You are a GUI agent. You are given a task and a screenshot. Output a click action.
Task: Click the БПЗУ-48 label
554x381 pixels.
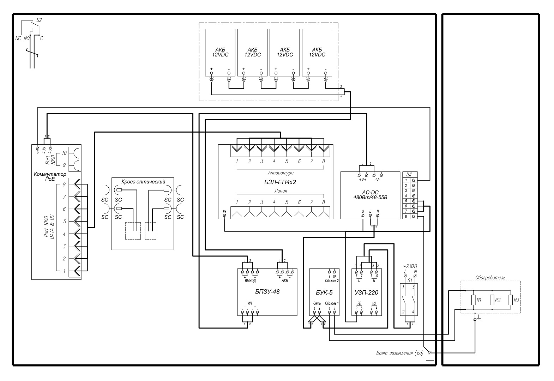(267, 292)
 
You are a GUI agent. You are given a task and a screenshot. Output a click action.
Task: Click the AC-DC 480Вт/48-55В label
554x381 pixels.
(370, 195)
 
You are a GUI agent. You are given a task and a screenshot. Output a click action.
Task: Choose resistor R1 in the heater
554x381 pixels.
(474, 300)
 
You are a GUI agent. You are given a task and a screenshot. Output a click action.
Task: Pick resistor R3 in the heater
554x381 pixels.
(511, 300)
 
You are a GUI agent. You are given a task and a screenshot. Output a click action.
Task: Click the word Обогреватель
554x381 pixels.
(490, 278)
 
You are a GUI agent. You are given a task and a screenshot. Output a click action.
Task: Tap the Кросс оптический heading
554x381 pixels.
(143, 182)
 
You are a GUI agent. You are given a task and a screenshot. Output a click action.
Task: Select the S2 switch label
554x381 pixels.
(39, 20)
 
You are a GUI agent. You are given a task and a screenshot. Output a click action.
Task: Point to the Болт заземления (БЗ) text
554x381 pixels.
(399, 353)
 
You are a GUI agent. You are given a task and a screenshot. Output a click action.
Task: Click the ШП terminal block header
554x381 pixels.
(410, 174)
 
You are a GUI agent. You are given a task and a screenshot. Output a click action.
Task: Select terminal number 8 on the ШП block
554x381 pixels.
(406, 216)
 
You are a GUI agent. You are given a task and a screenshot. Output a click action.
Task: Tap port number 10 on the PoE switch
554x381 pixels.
(64, 153)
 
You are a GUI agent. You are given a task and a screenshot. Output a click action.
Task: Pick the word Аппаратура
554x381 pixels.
(281, 173)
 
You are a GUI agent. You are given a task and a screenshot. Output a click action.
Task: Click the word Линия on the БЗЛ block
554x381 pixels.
(281, 191)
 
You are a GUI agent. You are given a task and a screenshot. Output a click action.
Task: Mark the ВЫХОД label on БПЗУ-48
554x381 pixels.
(250, 281)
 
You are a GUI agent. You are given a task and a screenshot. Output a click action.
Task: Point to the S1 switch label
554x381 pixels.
(410, 280)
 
